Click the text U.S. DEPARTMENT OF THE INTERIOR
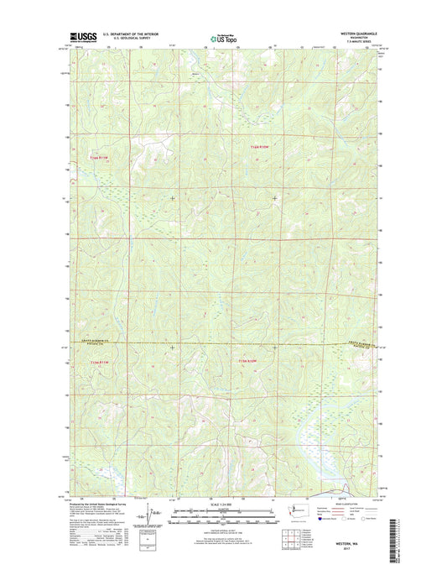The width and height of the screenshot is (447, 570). pos(130,34)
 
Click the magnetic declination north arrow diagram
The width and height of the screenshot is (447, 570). pos(149,516)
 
